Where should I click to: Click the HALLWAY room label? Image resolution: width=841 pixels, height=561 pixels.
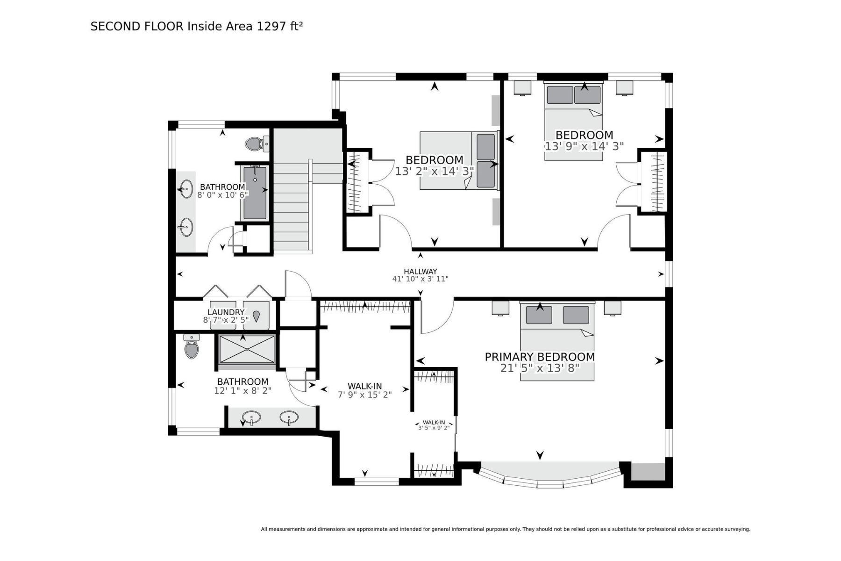click(x=420, y=271)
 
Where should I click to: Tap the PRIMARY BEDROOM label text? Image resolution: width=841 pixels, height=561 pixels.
click(x=540, y=357)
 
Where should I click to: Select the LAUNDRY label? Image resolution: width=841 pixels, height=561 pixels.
click(x=226, y=312)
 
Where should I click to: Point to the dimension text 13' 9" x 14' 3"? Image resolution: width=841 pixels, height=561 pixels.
click(x=584, y=146)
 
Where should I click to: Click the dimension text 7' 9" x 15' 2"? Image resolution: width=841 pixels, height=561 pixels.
click(x=365, y=395)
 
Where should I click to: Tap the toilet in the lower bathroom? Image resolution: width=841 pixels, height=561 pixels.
click(x=192, y=346)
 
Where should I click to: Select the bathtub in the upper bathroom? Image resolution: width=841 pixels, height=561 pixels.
click(x=255, y=193)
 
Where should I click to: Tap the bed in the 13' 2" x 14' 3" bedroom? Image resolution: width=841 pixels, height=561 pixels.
click(x=459, y=160)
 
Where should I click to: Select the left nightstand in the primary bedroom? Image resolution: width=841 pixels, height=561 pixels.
click(x=500, y=308)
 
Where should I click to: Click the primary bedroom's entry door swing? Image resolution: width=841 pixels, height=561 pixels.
click(x=437, y=316)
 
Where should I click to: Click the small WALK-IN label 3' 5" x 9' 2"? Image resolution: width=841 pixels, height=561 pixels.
click(x=434, y=425)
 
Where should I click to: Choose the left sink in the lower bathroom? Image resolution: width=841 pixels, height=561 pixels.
click(x=252, y=417)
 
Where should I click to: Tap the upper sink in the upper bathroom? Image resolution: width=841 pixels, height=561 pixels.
click(x=185, y=189)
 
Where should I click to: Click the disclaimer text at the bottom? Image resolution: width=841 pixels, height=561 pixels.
click(x=506, y=529)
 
